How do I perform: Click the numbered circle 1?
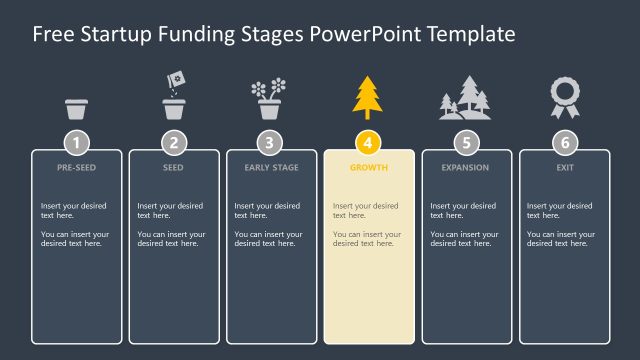coord(77,142)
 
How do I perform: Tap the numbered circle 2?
coord(174,142)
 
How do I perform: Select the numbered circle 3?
coord(271,142)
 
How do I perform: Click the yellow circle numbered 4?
coord(368,142)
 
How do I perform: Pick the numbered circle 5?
coord(466,142)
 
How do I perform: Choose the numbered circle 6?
coord(564,142)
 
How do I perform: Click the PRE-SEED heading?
coord(77,168)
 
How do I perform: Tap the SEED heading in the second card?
coord(174,168)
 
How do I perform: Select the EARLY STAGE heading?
coord(271,168)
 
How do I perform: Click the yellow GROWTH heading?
coord(368,168)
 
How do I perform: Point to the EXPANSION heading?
coord(466,168)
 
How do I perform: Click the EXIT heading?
coord(564,168)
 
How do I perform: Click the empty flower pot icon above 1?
coord(77,108)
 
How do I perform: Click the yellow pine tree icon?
coord(367,97)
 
